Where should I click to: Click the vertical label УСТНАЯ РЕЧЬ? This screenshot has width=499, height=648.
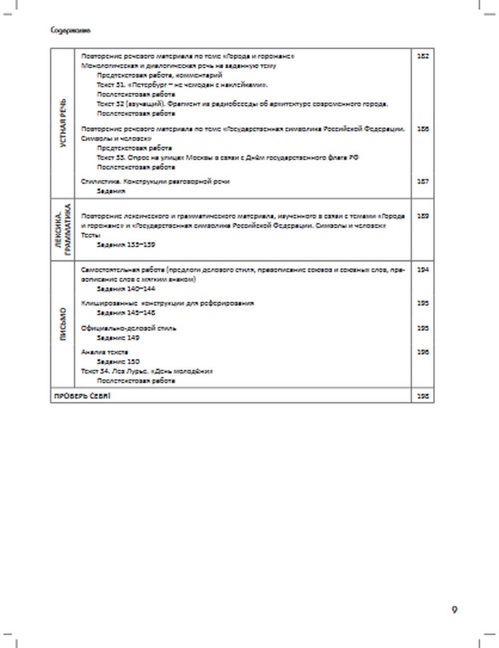pos(63,123)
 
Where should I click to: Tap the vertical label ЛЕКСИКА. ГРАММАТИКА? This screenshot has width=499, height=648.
pos(63,230)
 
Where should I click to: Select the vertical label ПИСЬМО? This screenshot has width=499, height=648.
pos(63,324)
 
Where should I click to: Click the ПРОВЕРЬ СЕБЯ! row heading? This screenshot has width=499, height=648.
pos(82,396)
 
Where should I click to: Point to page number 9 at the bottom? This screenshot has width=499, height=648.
pos(454,610)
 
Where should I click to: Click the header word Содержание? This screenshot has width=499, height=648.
pos(70,30)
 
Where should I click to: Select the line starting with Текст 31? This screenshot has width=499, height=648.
pos(182,85)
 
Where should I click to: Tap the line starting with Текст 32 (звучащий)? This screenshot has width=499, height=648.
pos(242,104)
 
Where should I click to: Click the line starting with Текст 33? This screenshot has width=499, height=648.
pos(228,158)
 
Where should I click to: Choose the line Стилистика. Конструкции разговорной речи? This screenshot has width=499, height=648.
pos(155,181)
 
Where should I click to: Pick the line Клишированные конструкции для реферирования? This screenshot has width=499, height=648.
pos(168,303)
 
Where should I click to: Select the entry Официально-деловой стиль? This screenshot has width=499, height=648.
pos(129,328)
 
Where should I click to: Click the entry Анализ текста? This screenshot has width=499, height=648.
pos(105,352)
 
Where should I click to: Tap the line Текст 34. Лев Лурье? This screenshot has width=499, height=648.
pos(147,371)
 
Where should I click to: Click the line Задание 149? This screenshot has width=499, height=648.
pos(118,337)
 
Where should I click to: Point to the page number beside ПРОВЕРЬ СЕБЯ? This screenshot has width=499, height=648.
pos(423,396)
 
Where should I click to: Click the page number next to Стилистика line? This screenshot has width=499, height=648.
pos(423,181)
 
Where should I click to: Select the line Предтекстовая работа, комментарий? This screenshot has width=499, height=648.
pos(159,75)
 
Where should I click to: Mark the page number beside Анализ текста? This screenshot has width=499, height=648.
pos(423,352)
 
